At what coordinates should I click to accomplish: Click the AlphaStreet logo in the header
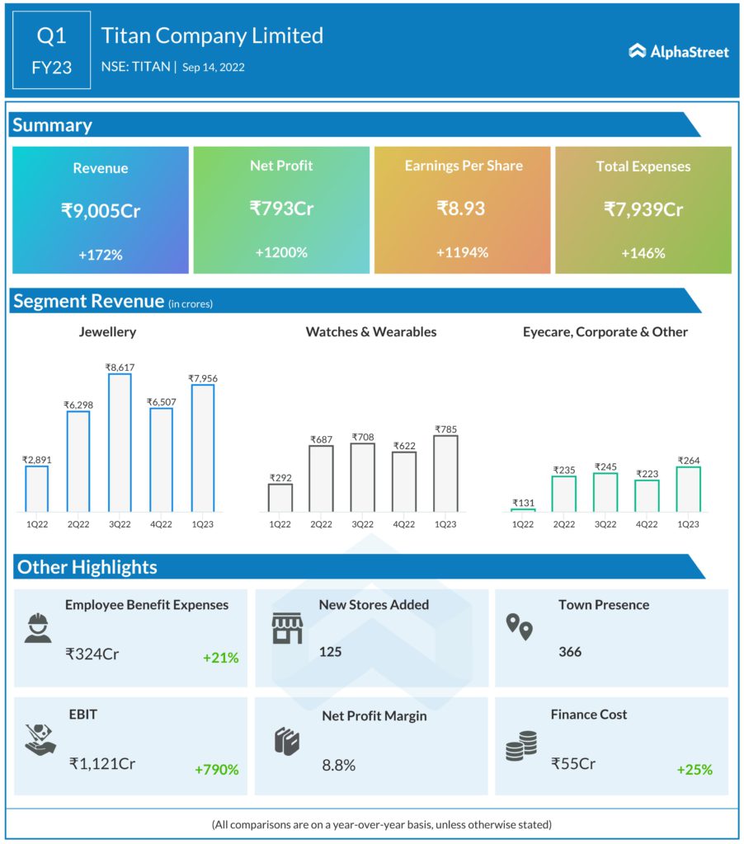[678, 51]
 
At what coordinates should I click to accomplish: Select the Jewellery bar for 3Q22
[120, 443]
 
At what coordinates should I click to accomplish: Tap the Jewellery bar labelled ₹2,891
[37, 489]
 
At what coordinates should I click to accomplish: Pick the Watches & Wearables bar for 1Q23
[445, 473]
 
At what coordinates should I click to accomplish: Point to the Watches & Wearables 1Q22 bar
[280, 497]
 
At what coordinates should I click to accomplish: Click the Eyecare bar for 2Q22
[564, 493]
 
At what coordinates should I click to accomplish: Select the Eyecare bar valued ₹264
[688, 489]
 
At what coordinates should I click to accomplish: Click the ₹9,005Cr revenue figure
[101, 210]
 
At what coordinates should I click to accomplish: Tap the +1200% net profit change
[280, 252]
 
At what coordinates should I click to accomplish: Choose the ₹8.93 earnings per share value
[461, 209]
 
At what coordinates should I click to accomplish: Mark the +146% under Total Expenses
[643, 253]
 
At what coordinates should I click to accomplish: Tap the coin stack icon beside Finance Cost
[520, 745]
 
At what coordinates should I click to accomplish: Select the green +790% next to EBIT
[217, 769]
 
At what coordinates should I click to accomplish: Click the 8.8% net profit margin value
[338, 765]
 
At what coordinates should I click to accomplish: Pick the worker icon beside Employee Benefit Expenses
[38, 628]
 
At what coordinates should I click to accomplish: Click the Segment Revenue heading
[88, 301]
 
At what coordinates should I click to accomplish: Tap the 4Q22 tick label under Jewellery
[161, 523]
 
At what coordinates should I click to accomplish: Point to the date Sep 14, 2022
[214, 68]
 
